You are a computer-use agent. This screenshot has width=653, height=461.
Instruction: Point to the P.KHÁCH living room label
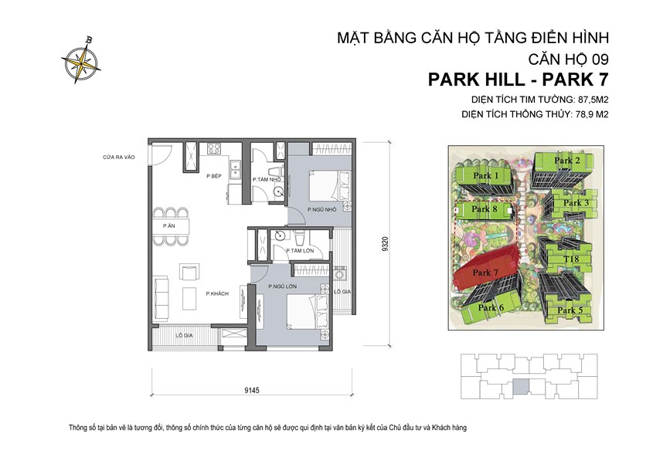pyautogui.click(x=216, y=293)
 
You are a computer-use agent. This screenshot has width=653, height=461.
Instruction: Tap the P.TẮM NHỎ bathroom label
pyautogui.click(x=266, y=180)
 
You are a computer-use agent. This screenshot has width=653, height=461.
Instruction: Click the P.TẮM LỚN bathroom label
pyautogui.click(x=298, y=251)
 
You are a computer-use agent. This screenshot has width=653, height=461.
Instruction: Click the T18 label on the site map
pyautogui.click(x=571, y=259)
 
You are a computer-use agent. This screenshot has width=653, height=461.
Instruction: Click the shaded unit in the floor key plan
pyautogui.click(x=524, y=386)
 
